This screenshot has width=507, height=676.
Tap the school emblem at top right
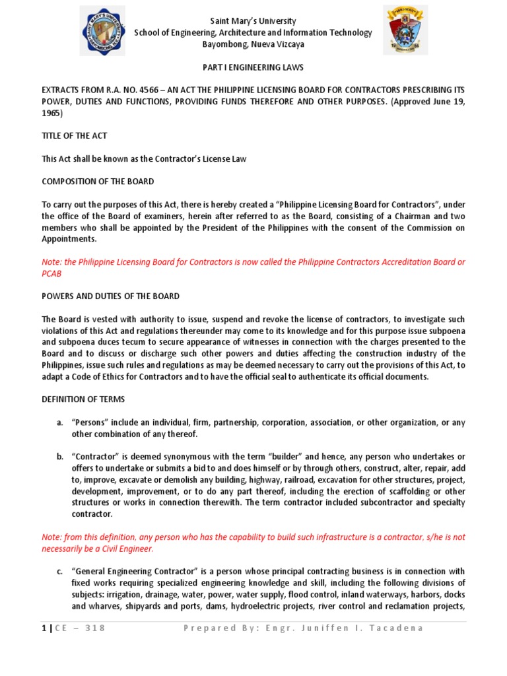tap(405, 30)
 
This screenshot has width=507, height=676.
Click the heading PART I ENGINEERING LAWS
tap(253, 68)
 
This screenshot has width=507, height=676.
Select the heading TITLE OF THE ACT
tap(74, 135)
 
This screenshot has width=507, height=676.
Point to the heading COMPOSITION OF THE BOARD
tap(98, 181)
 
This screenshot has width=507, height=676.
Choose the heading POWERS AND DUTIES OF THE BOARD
tap(110, 296)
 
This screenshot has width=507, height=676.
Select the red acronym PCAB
tap(53, 273)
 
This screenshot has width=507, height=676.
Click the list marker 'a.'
tap(59, 422)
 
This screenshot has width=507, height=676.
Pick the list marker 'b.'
tap(59, 456)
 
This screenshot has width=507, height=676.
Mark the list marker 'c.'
tap(59, 571)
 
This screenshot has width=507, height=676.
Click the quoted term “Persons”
tap(89, 422)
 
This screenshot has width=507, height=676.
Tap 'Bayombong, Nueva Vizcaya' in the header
tap(253, 44)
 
